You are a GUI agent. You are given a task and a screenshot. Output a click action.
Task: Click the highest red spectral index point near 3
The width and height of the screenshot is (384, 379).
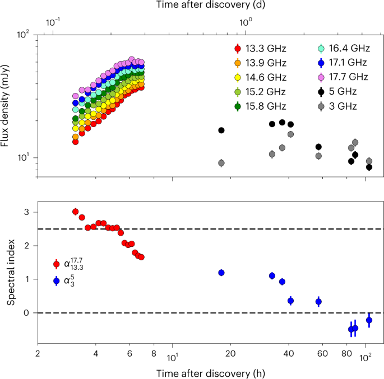click(x=75, y=211)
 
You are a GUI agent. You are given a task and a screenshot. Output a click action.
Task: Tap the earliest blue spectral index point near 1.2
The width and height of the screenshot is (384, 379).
click(x=221, y=273)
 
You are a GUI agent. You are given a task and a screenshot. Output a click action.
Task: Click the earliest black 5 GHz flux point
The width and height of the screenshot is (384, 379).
click(x=221, y=130)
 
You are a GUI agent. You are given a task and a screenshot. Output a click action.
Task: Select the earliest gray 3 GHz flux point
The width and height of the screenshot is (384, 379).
click(x=221, y=163)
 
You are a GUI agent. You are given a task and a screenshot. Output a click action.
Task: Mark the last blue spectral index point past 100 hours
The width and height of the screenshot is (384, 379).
click(x=369, y=320)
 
